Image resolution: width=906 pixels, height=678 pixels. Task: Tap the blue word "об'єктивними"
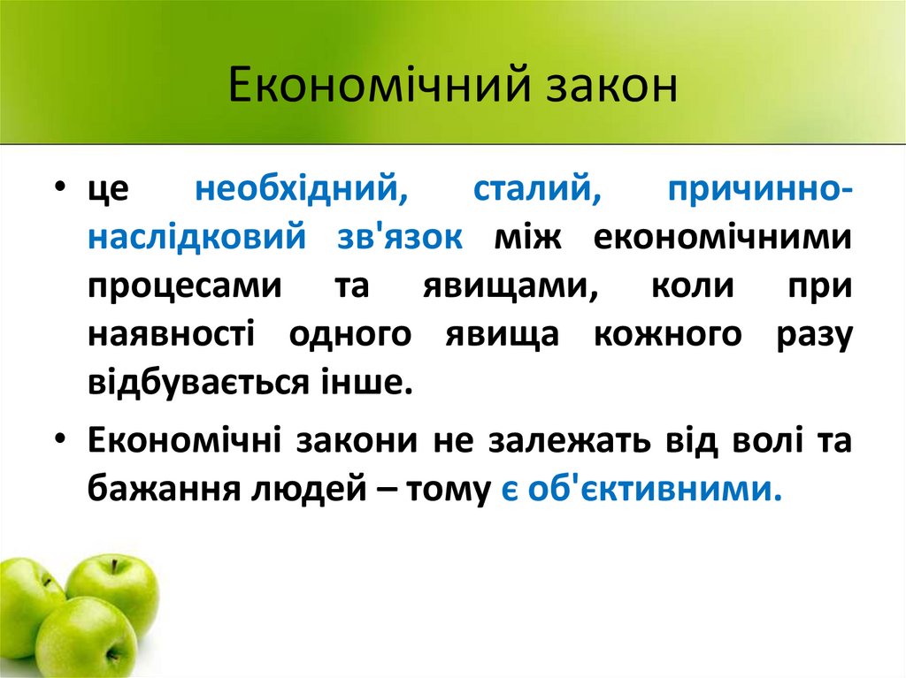click(x=655, y=488)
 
